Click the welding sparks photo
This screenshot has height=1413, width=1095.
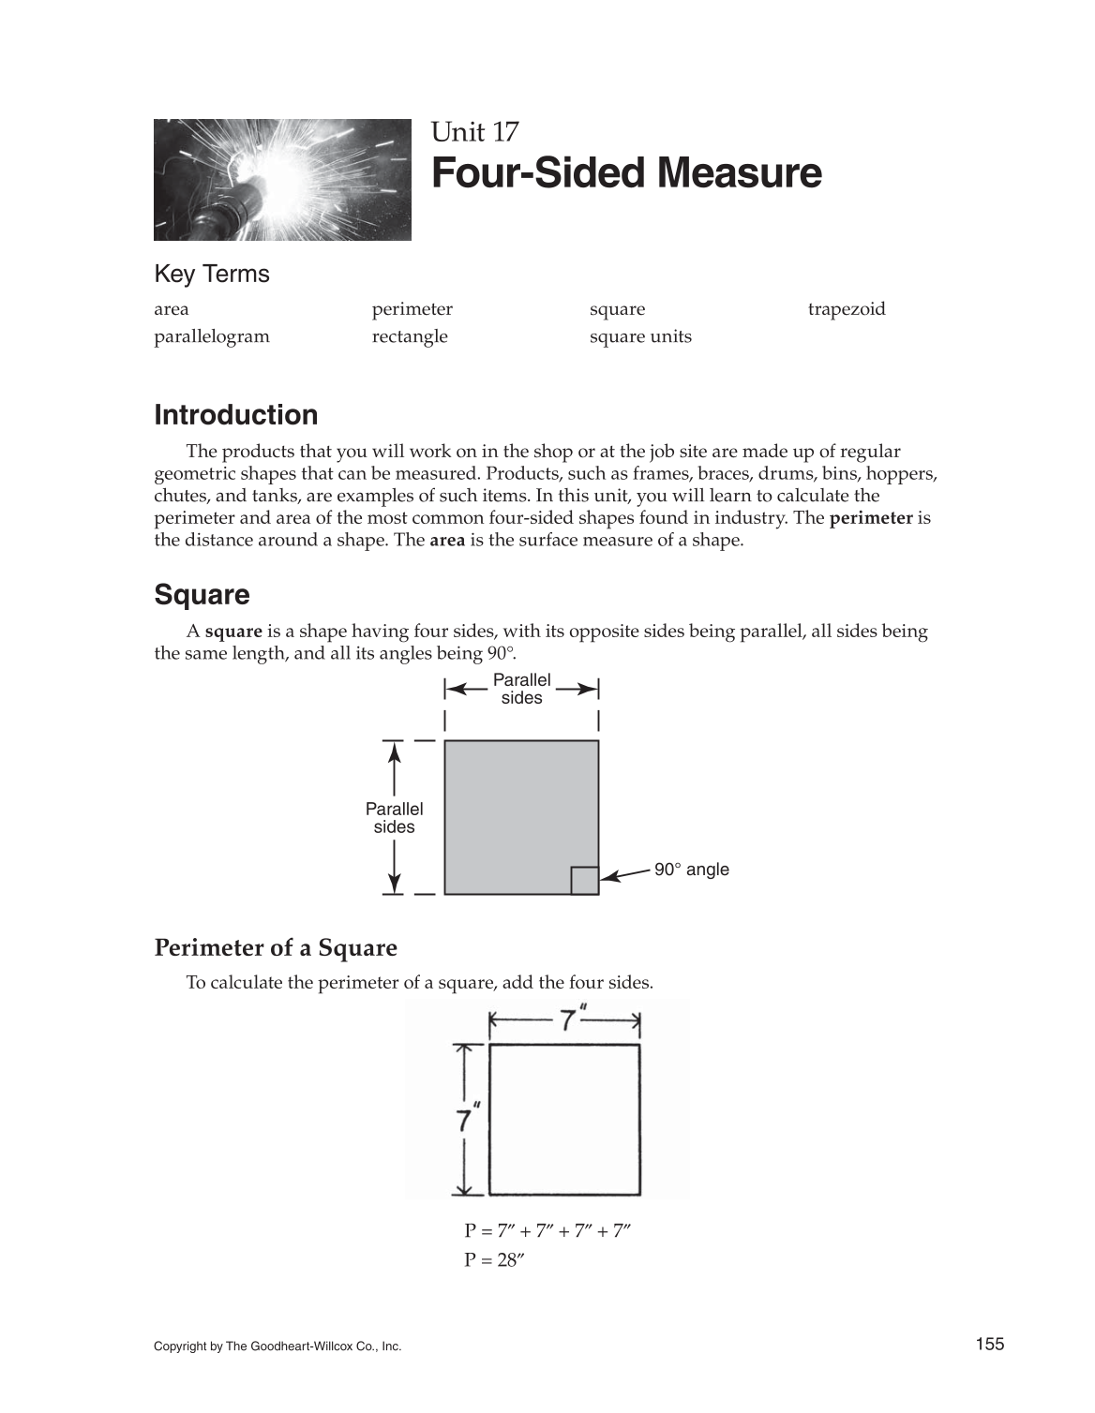[x=282, y=179]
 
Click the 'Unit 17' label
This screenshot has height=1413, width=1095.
[x=474, y=132]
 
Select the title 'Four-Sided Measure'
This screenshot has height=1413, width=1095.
[x=626, y=174]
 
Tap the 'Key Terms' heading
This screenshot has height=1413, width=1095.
[x=211, y=275]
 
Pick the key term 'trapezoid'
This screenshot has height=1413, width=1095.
[x=846, y=309]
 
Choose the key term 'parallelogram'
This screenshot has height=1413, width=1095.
[x=211, y=336]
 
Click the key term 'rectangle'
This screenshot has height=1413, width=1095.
[x=410, y=336]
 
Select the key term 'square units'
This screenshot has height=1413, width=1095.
[x=640, y=336]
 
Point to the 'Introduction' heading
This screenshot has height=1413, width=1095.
[x=235, y=415]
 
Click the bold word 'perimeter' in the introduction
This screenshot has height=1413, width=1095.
[x=871, y=518]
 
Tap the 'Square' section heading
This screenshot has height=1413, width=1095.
[x=202, y=595]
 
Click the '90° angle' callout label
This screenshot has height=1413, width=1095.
[x=691, y=870]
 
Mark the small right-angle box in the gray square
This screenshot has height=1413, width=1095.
[x=584, y=881]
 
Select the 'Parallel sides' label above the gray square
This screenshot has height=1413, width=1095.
[x=521, y=689]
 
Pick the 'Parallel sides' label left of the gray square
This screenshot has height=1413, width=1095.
[x=394, y=818]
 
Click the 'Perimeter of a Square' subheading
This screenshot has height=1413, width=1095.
[x=276, y=948]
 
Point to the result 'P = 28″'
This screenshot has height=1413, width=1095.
[x=493, y=1260]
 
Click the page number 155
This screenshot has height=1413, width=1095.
[x=989, y=1345]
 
